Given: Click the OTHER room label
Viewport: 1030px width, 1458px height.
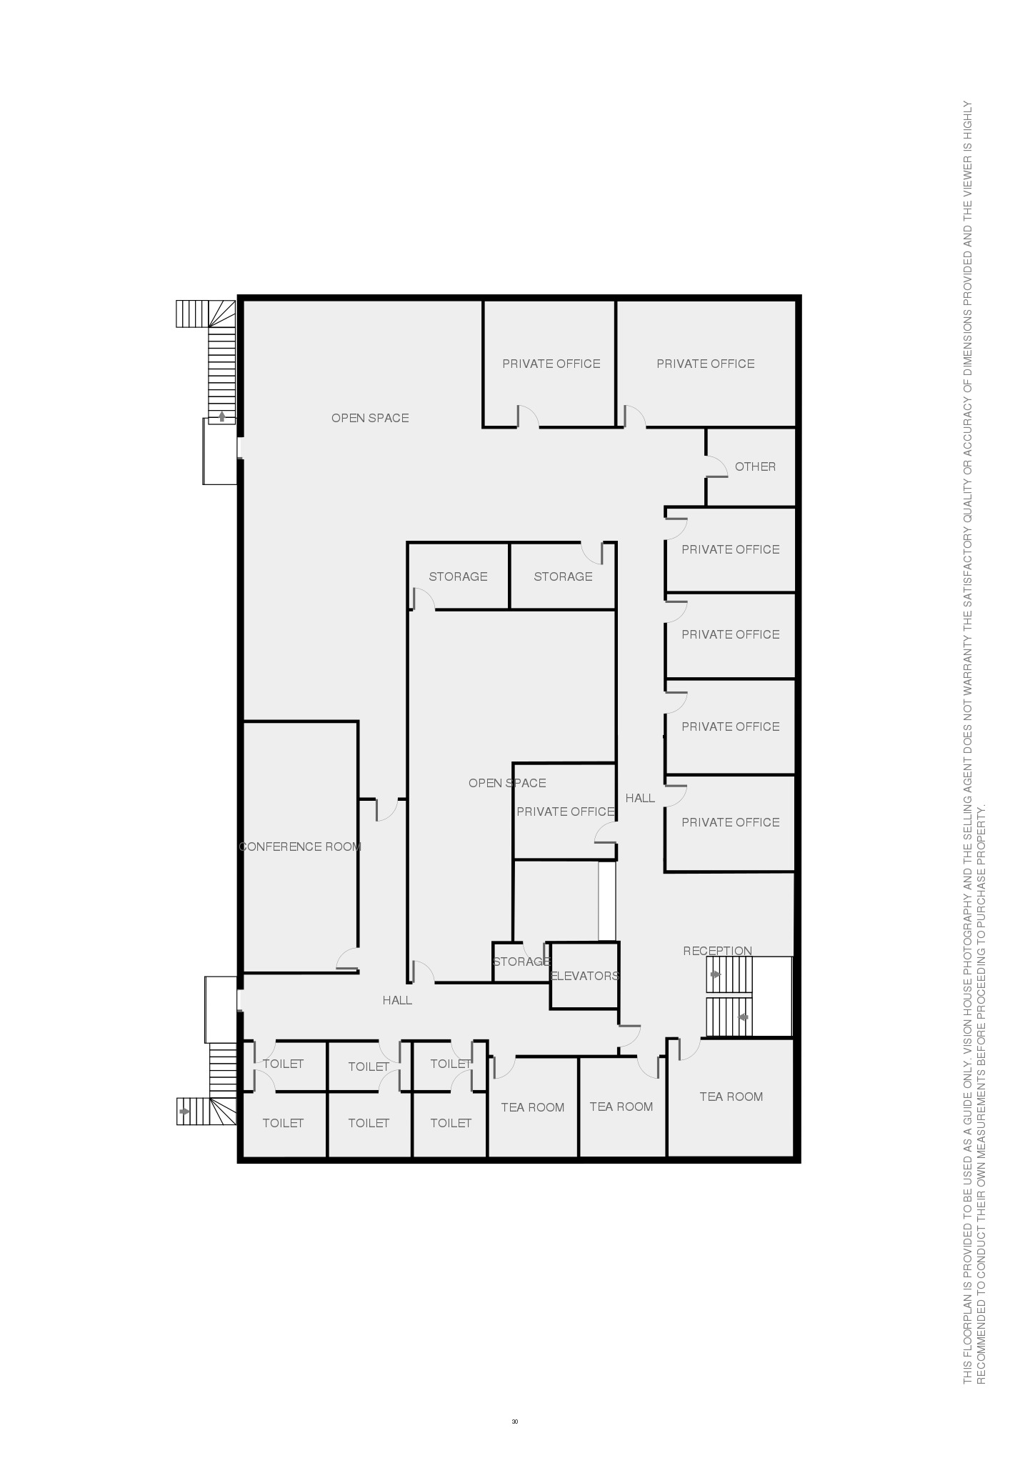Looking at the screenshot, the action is [x=755, y=466].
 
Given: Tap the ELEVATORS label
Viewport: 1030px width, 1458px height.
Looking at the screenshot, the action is [x=585, y=976].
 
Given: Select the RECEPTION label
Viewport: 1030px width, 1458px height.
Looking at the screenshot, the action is [x=717, y=951].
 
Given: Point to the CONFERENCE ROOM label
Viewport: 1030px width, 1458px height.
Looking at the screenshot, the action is [x=300, y=847].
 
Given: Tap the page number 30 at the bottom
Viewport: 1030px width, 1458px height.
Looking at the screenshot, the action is [x=515, y=1421].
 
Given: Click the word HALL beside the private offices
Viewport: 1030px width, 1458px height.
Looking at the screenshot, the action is [x=640, y=798].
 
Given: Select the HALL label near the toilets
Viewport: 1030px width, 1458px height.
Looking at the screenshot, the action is [x=397, y=1000].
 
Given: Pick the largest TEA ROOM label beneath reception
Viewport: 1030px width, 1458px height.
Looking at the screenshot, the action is [x=731, y=1097].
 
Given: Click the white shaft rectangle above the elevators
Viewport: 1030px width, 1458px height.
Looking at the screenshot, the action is [x=606, y=901].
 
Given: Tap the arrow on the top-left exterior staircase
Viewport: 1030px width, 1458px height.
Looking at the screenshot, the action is [x=222, y=416].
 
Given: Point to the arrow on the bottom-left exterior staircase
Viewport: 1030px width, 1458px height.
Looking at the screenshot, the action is [x=185, y=1111].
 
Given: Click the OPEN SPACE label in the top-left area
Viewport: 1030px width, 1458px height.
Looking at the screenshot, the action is [x=370, y=418].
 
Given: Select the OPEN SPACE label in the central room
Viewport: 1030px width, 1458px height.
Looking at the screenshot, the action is [x=507, y=783].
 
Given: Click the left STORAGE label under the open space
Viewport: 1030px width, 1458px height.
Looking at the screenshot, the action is [x=458, y=576].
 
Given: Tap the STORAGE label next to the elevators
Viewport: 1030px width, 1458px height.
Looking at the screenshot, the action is [x=521, y=962].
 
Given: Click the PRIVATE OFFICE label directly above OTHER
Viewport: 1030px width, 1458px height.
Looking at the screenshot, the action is [x=706, y=364].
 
